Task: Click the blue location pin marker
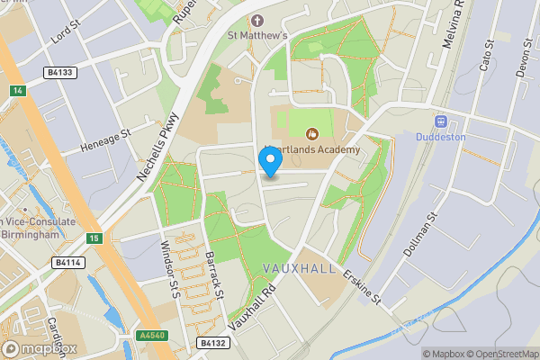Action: point(270,160)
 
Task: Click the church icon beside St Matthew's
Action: point(259,20)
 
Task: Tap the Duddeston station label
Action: point(441,137)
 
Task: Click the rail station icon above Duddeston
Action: point(441,121)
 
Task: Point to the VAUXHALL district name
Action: point(301,269)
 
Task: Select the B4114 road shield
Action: point(67,263)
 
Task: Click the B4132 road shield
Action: point(212,343)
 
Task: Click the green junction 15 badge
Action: point(94,238)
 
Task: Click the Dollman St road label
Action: point(420,232)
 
